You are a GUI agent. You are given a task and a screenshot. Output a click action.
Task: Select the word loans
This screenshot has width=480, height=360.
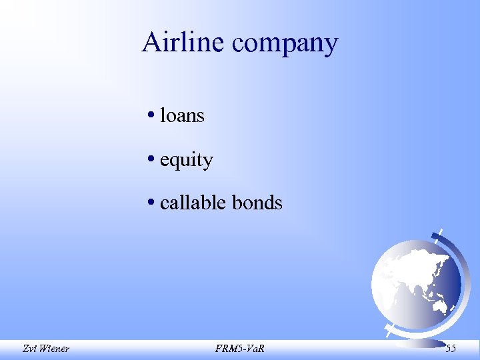pos(182,116)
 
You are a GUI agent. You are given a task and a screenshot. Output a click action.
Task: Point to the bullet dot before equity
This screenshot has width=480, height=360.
pos(153,160)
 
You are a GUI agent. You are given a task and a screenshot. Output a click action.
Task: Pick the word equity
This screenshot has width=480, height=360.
pos(187,161)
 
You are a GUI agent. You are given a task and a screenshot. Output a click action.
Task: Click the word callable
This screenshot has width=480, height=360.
pos(192,203)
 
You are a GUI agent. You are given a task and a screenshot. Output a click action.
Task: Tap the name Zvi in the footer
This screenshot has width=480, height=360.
pos(29,347)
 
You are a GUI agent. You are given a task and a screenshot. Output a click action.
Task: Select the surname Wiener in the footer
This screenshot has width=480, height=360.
pos(55,347)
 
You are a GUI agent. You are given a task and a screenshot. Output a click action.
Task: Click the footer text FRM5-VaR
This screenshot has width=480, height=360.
pos(240,347)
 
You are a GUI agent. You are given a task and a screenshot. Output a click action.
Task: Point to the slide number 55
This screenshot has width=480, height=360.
pos(451,347)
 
